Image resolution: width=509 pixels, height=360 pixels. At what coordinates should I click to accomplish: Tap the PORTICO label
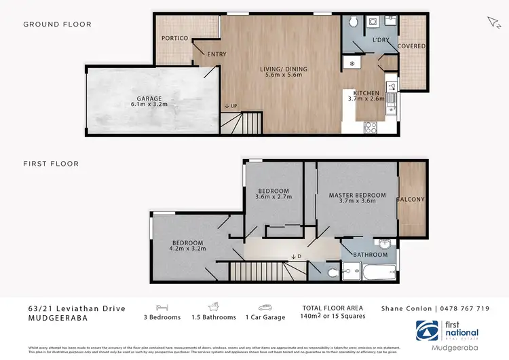point(174,38)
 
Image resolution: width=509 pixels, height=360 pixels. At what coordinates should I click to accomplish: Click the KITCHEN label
point(366,92)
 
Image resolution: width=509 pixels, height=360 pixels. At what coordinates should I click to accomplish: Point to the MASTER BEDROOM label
point(357,196)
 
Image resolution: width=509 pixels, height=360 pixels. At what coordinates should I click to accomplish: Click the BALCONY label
point(411,200)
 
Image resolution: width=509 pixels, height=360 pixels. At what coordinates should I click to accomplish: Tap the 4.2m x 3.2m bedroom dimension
point(188,249)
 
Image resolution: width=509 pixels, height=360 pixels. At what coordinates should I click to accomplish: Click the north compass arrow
point(493,22)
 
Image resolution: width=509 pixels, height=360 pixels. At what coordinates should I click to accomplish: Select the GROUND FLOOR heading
point(57,24)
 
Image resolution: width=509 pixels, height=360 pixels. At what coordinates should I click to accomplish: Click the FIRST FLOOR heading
point(51,164)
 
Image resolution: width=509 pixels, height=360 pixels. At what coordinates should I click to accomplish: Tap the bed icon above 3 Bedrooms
point(162,306)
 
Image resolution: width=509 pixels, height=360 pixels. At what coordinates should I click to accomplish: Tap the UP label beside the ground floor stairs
point(231,106)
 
